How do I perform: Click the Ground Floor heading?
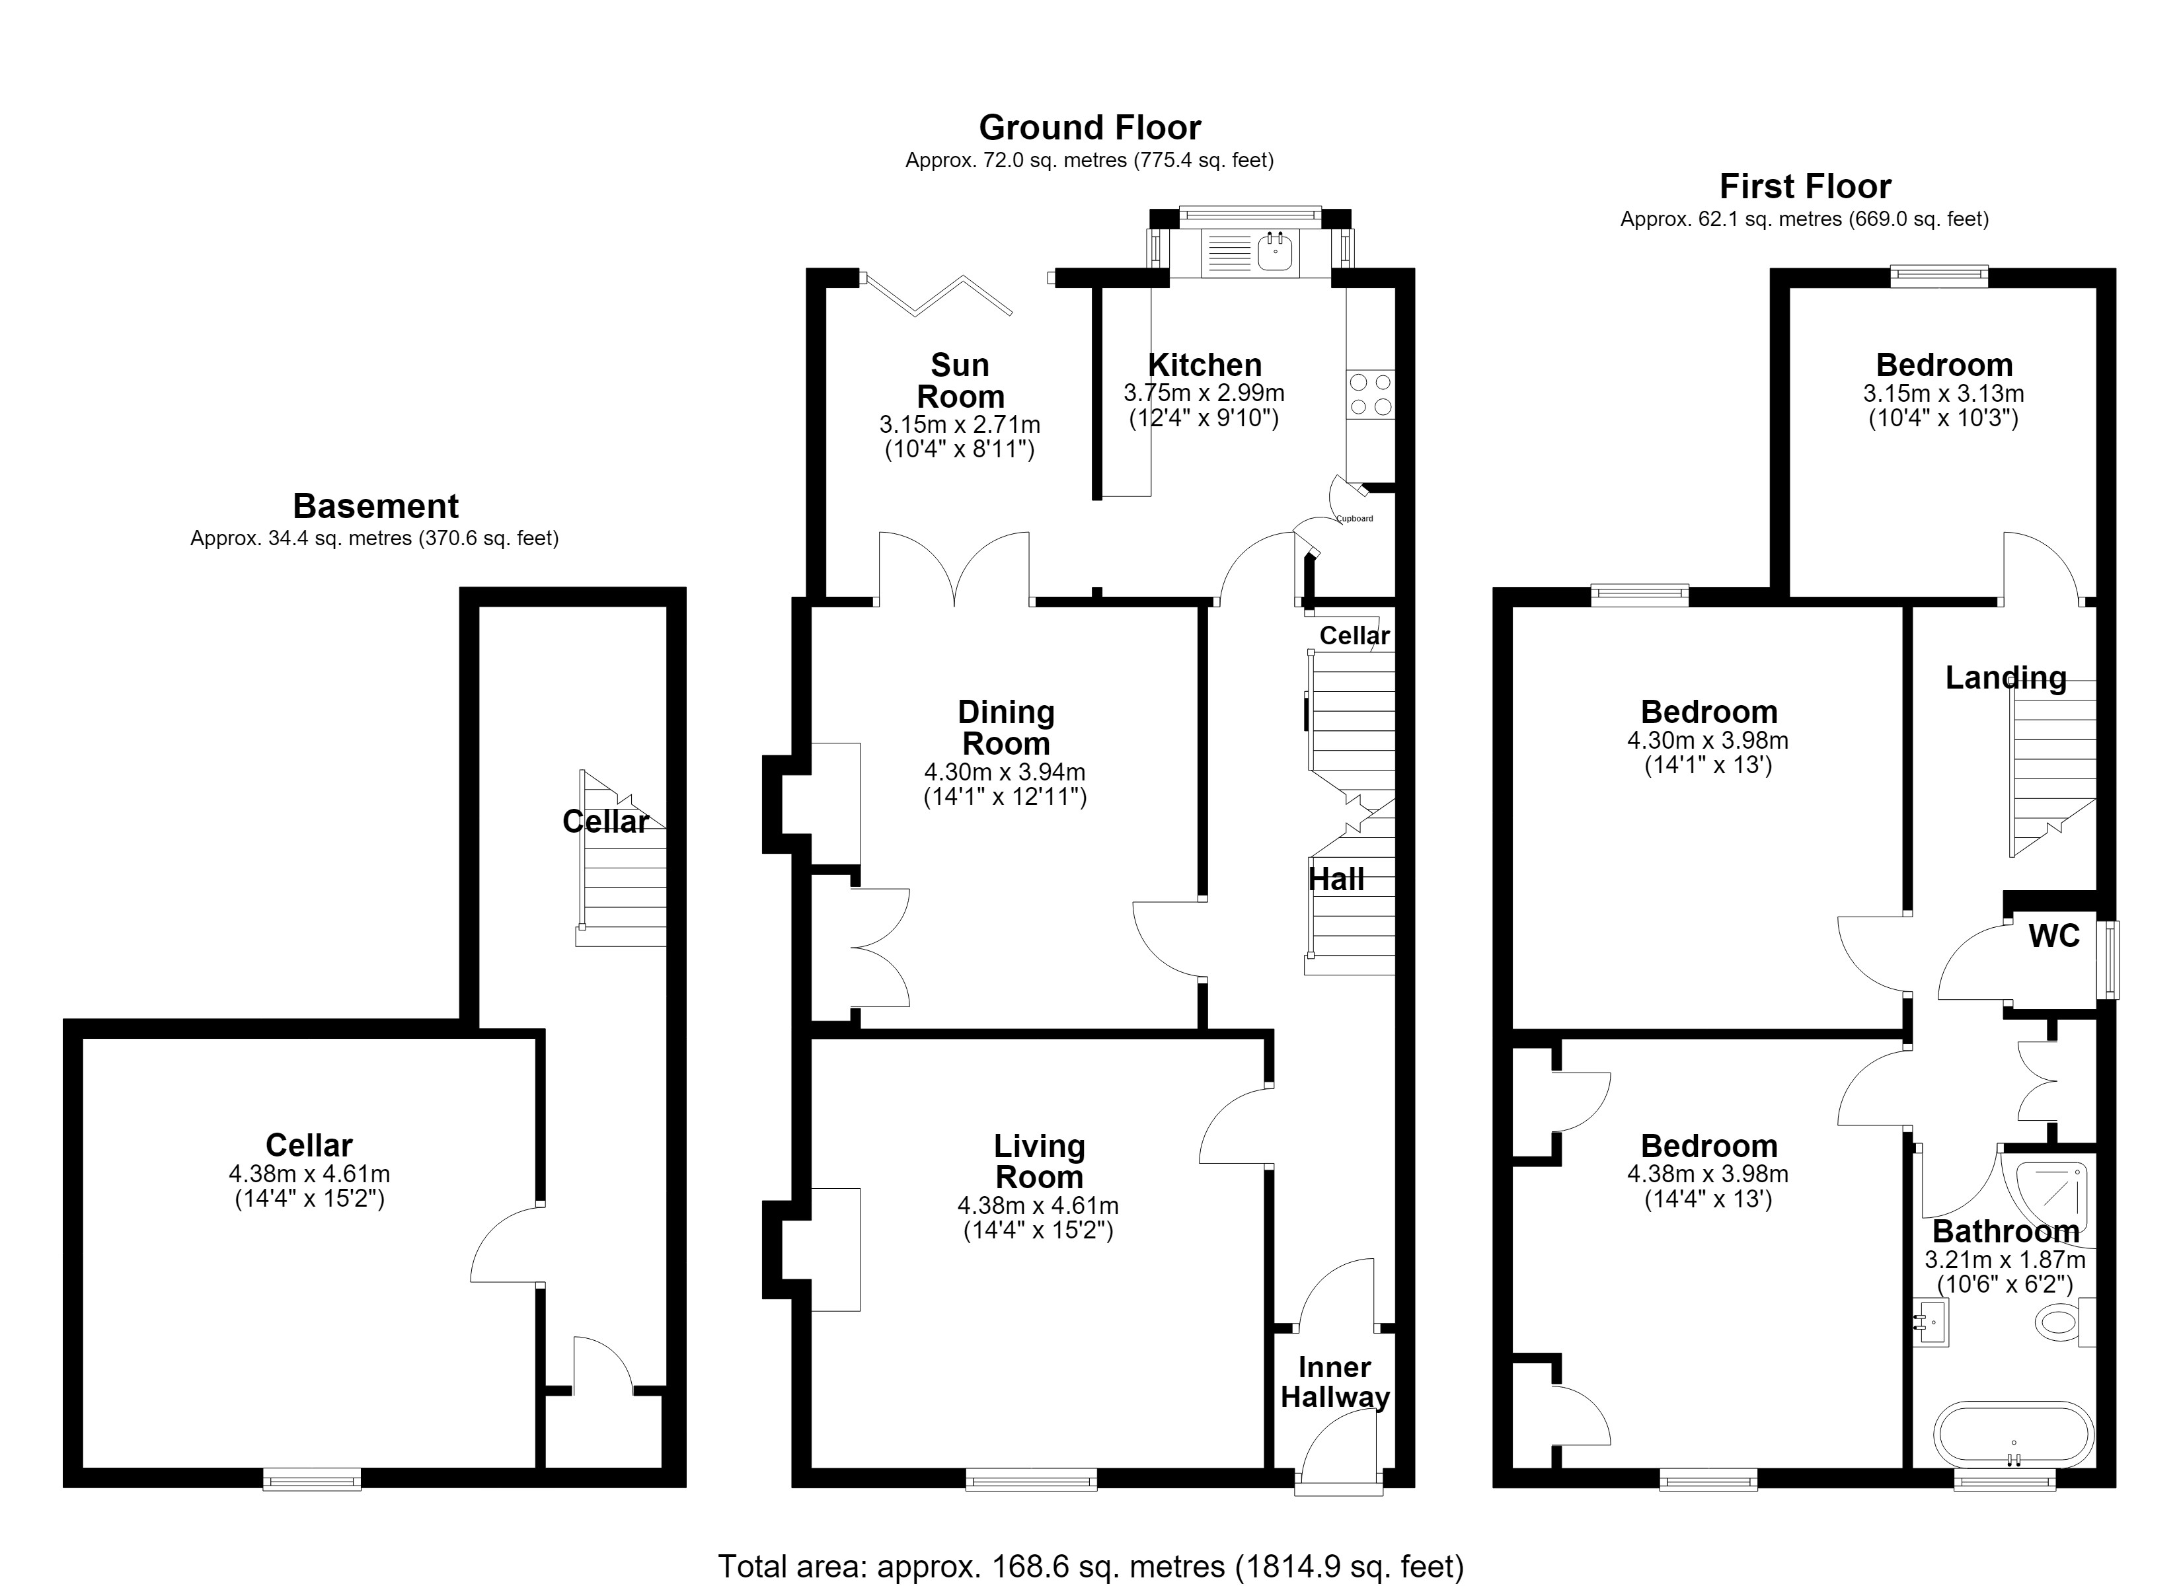click(1090, 128)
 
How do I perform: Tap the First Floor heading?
click(1805, 186)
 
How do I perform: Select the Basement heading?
click(375, 506)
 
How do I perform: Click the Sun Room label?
click(960, 381)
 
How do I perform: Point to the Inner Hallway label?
click(1335, 1382)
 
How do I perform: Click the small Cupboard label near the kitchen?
click(1355, 518)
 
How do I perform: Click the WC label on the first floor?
click(2054, 936)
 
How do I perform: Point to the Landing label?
click(2006, 678)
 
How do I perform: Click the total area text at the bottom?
click(1090, 1566)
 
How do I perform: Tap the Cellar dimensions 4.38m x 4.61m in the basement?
click(309, 1186)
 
